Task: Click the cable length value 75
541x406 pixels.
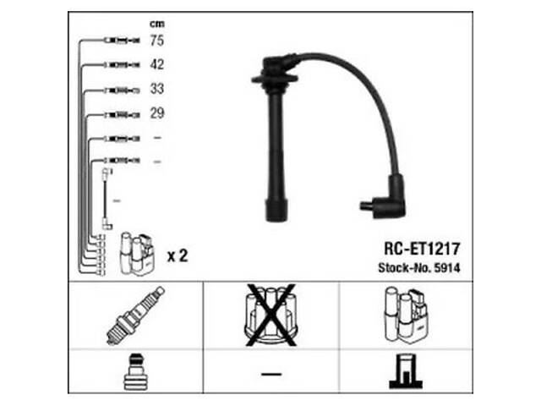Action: coord(156,41)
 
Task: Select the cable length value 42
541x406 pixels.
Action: coord(156,64)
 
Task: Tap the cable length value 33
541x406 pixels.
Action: coord(156,89)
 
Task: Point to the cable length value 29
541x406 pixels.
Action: coord(157,113)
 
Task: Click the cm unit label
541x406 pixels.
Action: coord(157,24)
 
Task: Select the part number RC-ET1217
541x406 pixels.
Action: coord(422,249)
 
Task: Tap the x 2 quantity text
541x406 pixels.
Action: coord(178,256)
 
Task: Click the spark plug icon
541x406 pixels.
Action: coord(135,315)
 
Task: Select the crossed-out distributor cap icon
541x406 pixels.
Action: coord(271,315)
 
